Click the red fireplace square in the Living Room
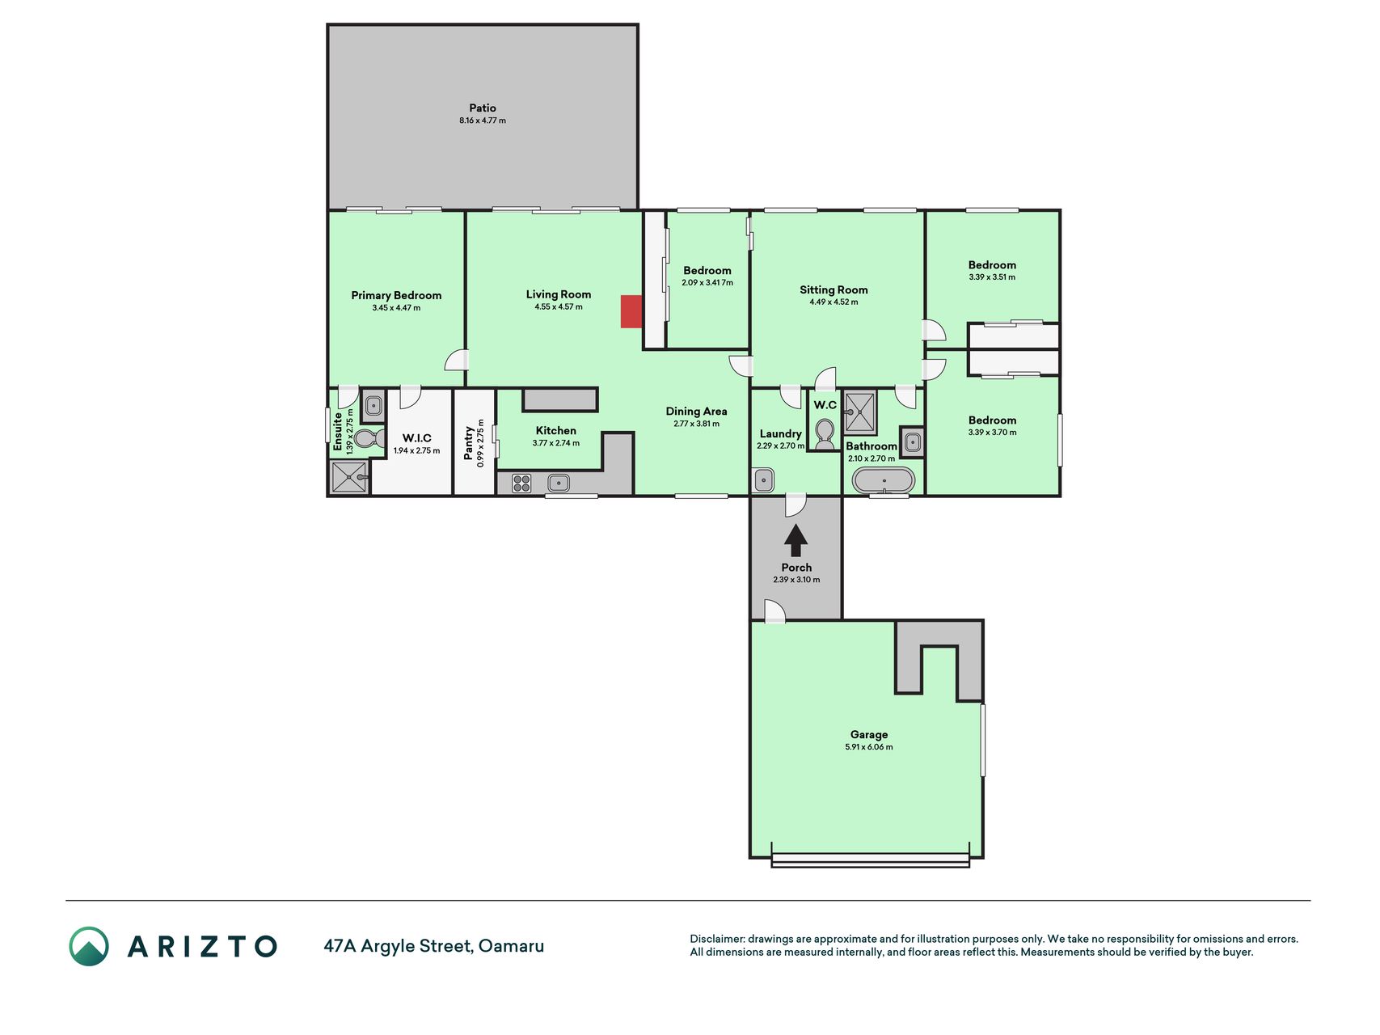point(631,312)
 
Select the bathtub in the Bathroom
point(884,480)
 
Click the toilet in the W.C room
point(825,433)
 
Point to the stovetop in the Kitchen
point(522,484)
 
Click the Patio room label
point(483,108)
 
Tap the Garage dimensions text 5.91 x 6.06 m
point(869,747)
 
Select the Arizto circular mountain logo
point(89,946)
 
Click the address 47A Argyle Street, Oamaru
point(434,946)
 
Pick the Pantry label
point(469,442)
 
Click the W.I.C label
point(417,438)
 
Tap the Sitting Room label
point(833,289)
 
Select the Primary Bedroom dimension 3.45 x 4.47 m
point(396,308)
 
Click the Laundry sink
point(763,480)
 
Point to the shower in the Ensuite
point(350,477)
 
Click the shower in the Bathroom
point(860,412)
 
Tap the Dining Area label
point(696,411)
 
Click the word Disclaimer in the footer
point(716,939)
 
